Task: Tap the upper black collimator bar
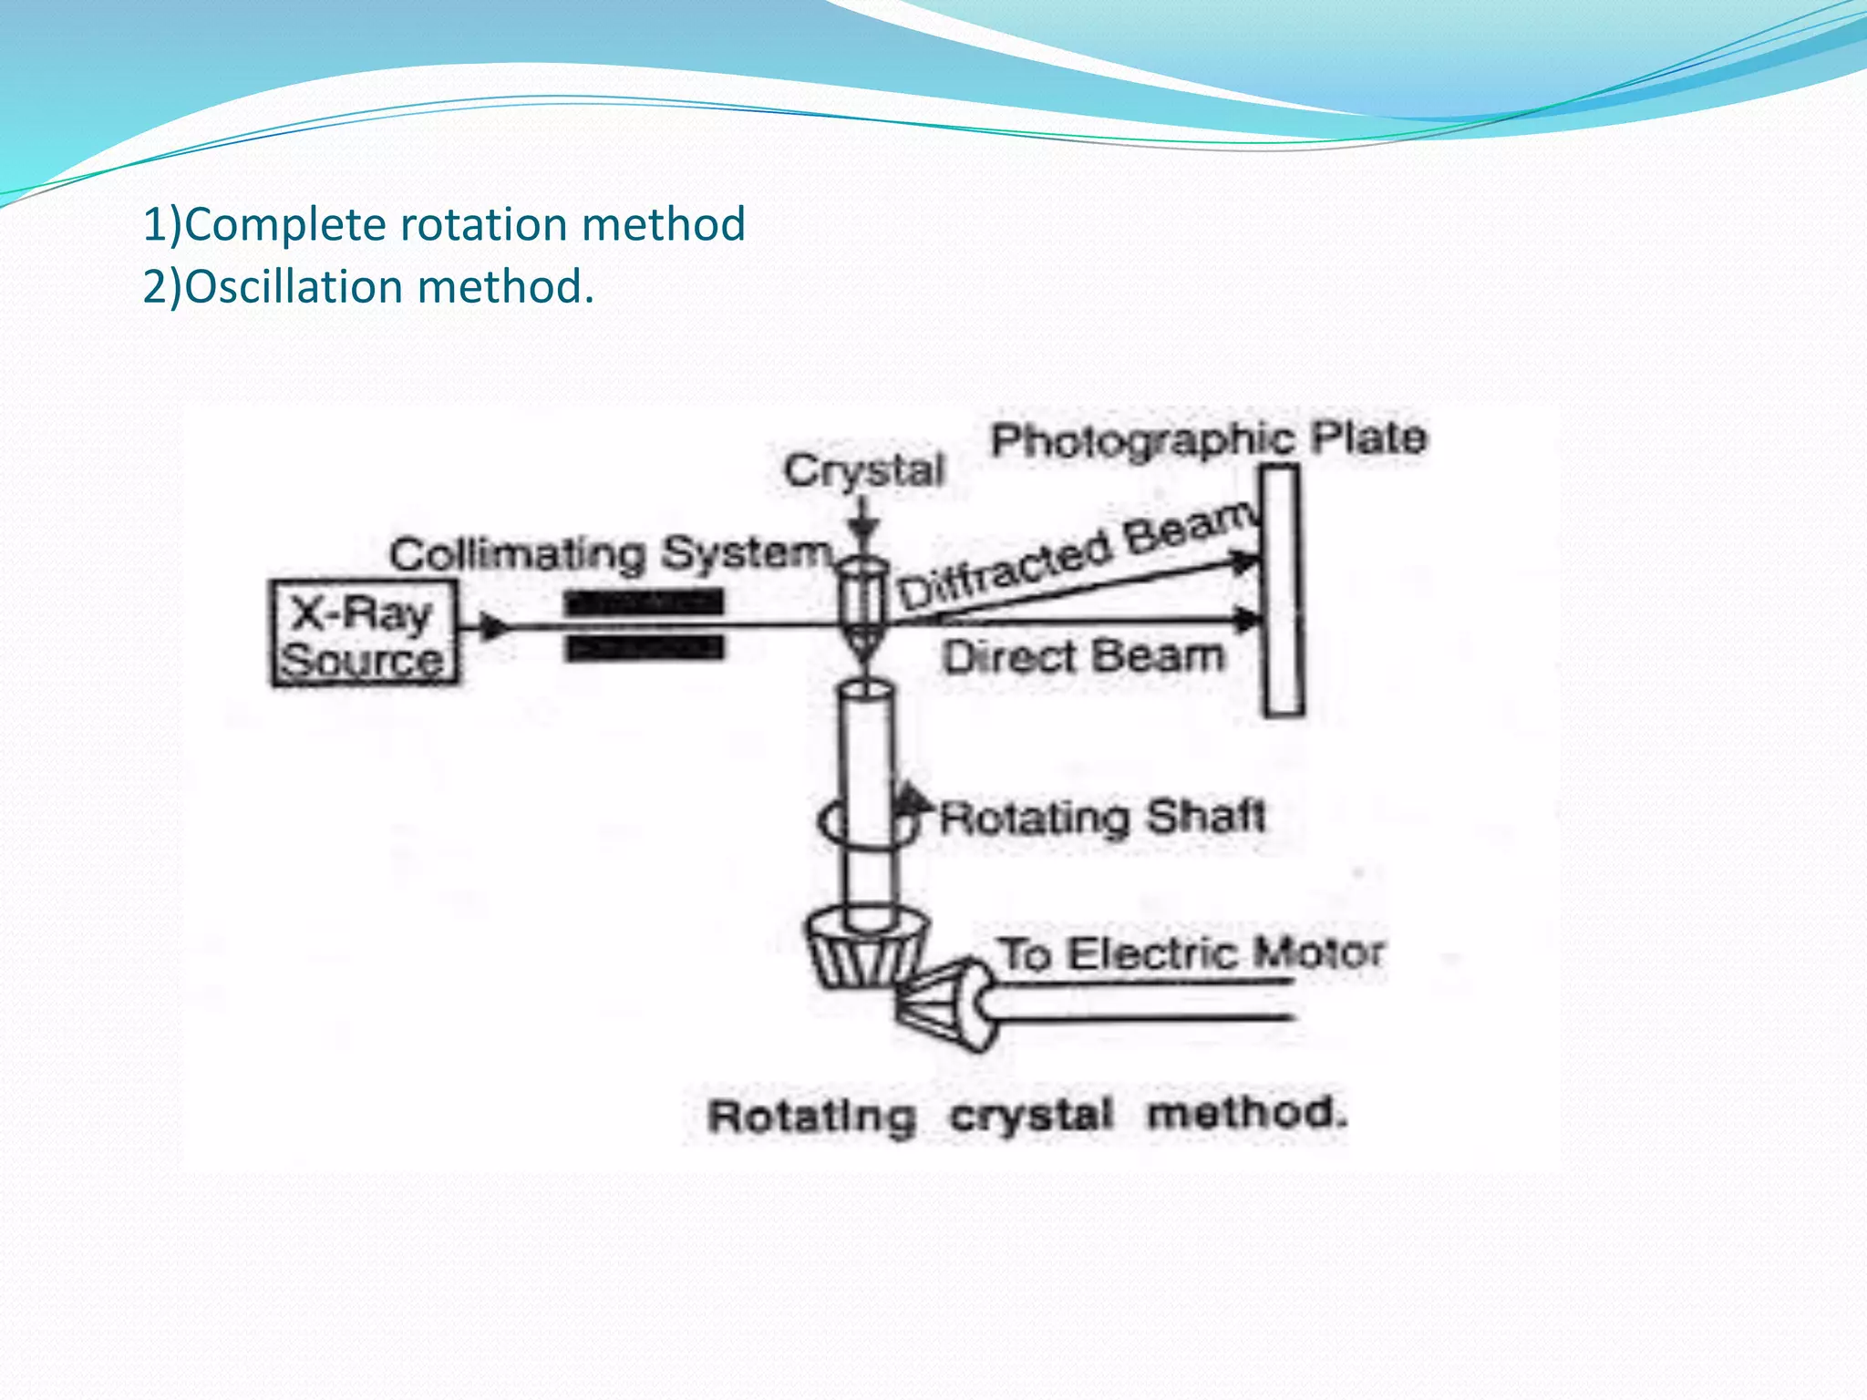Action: (x=644, y=602)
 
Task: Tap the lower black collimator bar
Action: (x=644, y=648)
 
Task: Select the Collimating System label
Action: (x=611, y=553)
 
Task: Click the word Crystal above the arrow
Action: (x=863, y=471)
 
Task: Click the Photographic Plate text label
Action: (x=1208, y=439)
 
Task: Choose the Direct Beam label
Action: (x=1083, y=656)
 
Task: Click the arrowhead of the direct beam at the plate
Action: (x=1246, y=621)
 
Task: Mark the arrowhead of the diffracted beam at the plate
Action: (x=1244, y=560)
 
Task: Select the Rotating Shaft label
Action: (x=1101, y=816)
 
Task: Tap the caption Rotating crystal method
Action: (x=1026, y=1115)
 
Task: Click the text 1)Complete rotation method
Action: (x=444, y=224)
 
